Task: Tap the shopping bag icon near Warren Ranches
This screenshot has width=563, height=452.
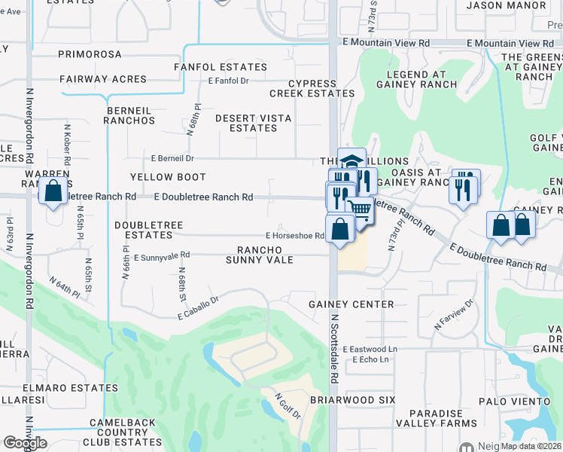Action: click(54, 192)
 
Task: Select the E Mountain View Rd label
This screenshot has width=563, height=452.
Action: click(385, 44)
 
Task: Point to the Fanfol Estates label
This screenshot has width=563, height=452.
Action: click(210, 67)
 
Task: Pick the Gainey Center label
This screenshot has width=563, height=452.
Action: click(351, 304)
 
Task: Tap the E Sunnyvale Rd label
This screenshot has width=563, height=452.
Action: click(162, 257)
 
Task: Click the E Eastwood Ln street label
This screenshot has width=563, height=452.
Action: click(370, 350)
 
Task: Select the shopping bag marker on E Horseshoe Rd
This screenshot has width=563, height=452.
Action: click(340, 229)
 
